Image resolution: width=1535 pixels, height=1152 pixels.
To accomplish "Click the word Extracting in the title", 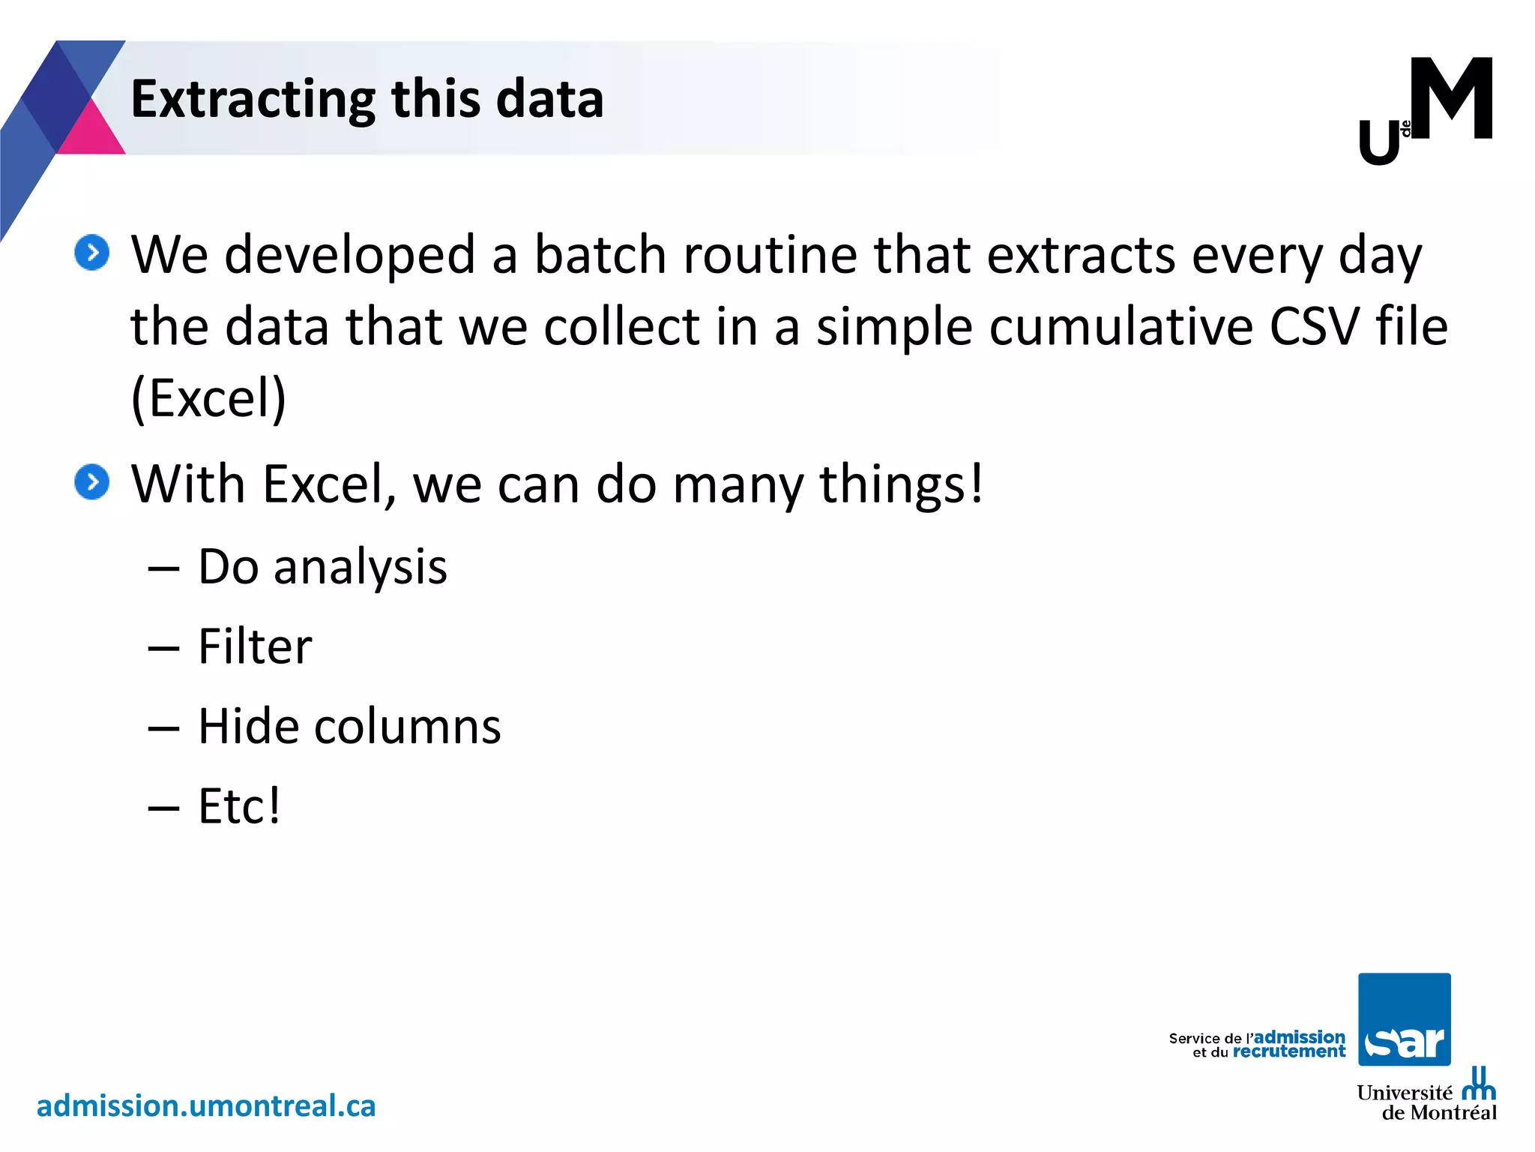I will (x=253, y=100).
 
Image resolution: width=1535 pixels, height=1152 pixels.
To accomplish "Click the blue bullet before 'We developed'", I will (x=92, y=253).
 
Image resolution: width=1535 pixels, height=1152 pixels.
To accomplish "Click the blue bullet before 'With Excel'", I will (x=92, y=482).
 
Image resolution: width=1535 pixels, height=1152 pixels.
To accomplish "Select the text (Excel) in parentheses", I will (x=208, y=398).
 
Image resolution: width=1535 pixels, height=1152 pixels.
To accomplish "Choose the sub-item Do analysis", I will (x=322, y=566).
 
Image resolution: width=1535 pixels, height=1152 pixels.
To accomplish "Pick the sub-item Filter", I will (x=255, y=646).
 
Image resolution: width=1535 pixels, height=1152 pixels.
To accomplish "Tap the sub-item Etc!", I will (x=239, y=806).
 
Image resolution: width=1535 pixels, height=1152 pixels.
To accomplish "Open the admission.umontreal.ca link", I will (x=206, y=1106).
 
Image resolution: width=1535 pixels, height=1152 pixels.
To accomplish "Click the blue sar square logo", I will (x=1404, y=1018).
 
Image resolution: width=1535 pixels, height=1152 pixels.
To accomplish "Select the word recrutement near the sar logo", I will (x=1288, y=1051).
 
